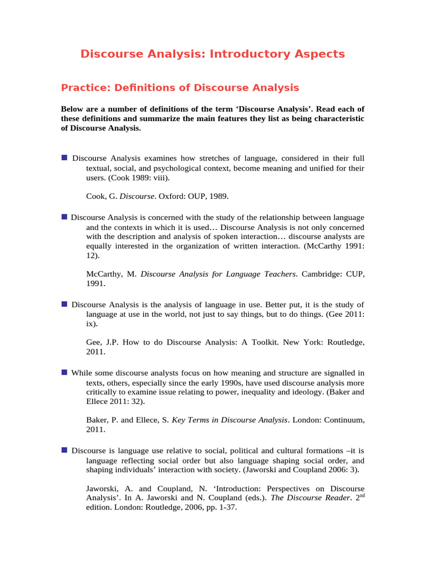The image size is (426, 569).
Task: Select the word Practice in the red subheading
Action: (82, 87)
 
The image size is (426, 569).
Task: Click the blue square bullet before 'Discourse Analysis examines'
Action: (64, 157)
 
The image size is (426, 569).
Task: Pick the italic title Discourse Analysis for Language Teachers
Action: (219, 274)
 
